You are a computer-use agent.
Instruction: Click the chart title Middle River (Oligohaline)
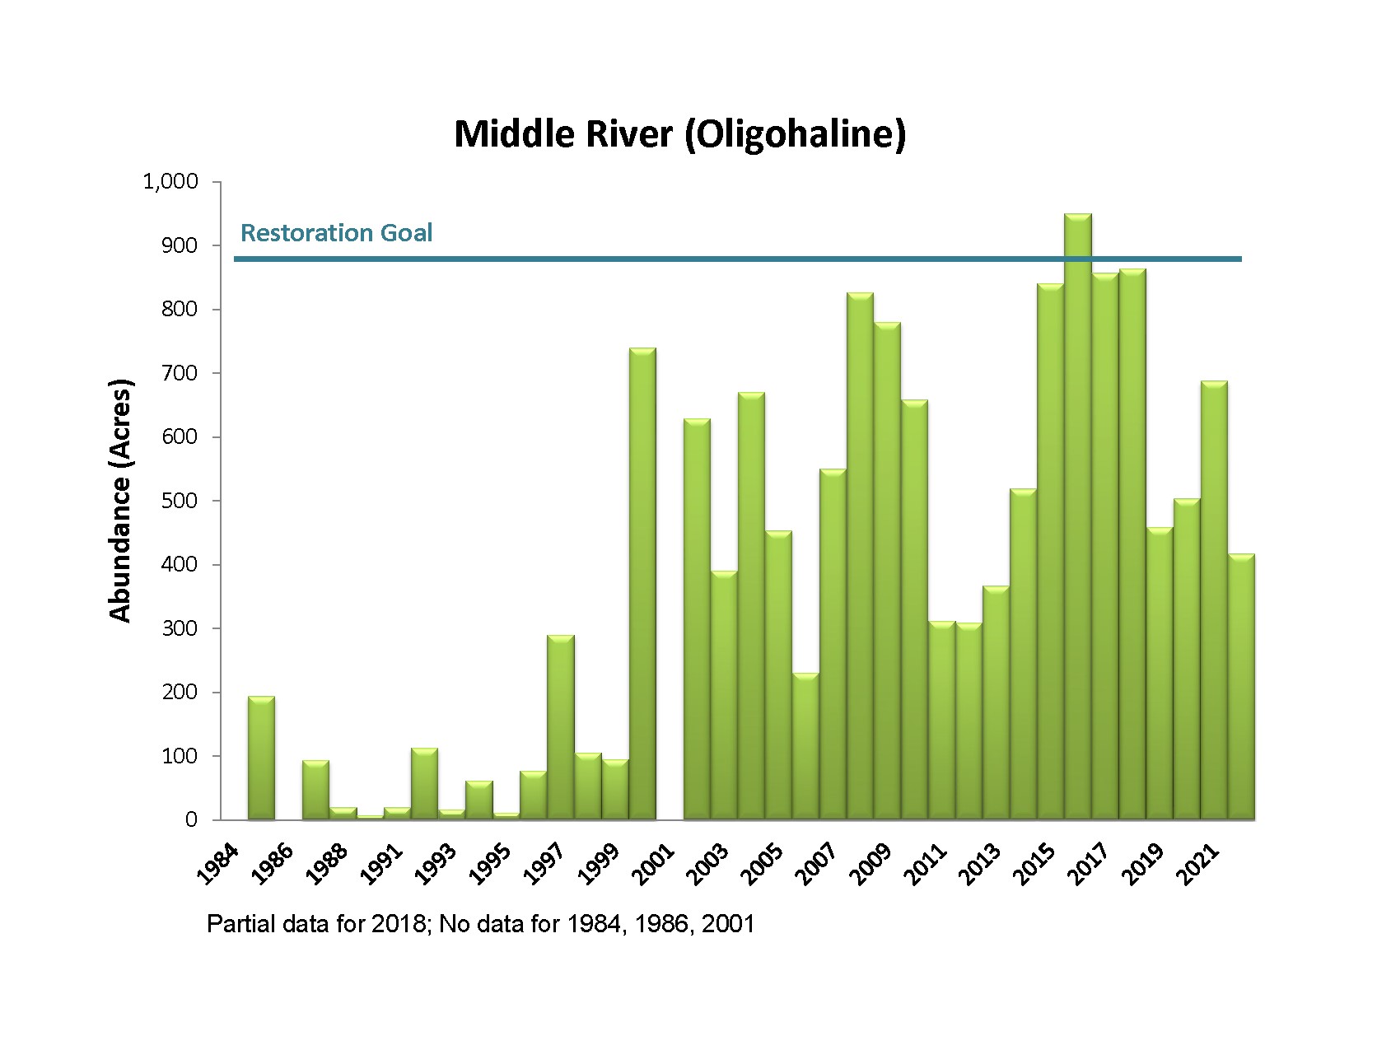pyautogui.click(x=679, y=133)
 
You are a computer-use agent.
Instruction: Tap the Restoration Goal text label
pyautogui.click(x=336, y=233)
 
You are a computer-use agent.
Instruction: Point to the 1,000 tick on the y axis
pyautogui.click(x=171, y=181)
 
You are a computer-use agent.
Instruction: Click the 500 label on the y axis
pyautogui.click(x=181, y=501)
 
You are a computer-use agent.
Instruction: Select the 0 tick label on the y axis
pyautogui.click(x=191, y=820)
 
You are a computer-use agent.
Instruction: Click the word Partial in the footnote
pyautogui.click(x=236, y=924)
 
